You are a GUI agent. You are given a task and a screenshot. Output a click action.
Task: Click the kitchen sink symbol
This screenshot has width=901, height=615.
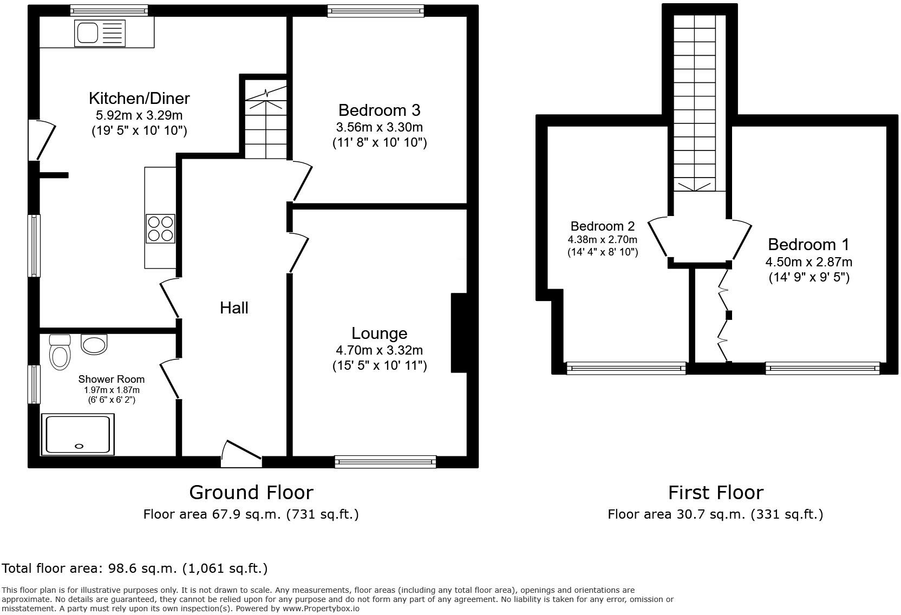click(x=87, y=32)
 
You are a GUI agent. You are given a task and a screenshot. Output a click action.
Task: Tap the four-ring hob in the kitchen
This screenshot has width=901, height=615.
click(x=160, y=228)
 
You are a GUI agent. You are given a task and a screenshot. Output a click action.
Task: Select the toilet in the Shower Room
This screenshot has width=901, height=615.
click(x=60, y=355)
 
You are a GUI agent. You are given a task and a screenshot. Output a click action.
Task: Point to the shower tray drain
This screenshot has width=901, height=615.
click(x=79, y=446)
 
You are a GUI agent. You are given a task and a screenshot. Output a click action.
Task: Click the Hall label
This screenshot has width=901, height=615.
click(x=234, y=308)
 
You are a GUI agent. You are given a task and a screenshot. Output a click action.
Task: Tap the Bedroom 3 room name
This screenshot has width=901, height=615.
click(x=379, y=110)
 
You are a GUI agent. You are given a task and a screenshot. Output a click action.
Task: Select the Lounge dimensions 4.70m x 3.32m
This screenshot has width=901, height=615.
click(x=379, y=350)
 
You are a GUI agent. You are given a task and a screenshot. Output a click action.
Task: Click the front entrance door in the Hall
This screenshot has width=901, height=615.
click(x=241, y=454)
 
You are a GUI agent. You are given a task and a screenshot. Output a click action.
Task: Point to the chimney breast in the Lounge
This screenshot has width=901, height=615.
click(x=459, y=332)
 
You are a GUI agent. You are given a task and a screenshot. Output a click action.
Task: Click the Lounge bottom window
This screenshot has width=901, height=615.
click(x=385, y=461)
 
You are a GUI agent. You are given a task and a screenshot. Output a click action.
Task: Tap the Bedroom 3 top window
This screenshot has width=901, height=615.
click(x=375, y=10)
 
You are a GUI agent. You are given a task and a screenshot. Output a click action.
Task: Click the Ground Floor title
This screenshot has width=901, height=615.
click(x=251, y=493)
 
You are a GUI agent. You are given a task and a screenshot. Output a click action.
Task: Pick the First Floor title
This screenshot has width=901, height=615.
click(x=715, y=493)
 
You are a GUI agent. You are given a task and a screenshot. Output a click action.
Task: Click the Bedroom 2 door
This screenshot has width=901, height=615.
click(x=657, y=237)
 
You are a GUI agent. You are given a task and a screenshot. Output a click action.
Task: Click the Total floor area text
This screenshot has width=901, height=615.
click(x=134, y=568)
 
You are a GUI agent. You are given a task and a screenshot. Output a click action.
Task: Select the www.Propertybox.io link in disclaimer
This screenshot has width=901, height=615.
click(x=321, y=609)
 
